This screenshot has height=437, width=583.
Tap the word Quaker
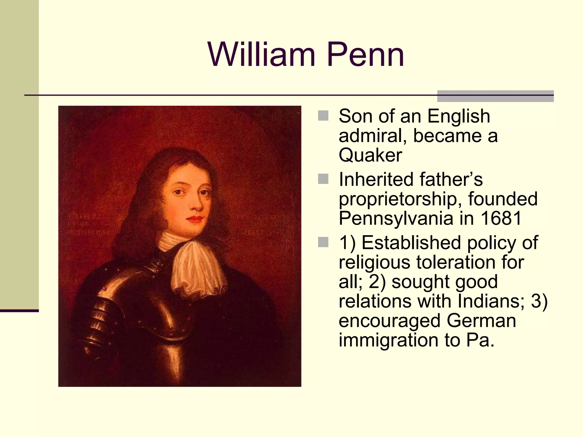click(x=370, y=155)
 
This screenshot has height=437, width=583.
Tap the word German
click(x=481, y=321)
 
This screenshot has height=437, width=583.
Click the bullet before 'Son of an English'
click(x=323, y=116)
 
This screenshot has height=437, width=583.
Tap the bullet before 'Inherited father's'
click(x=323, y=179)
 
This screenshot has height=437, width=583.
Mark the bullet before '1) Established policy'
click(x=323, y=242)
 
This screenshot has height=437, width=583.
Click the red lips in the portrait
click(x=196, y=219)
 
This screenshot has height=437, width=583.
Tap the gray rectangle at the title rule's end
click(x=495, y=96)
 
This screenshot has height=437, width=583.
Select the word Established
click(x=411, y=243)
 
